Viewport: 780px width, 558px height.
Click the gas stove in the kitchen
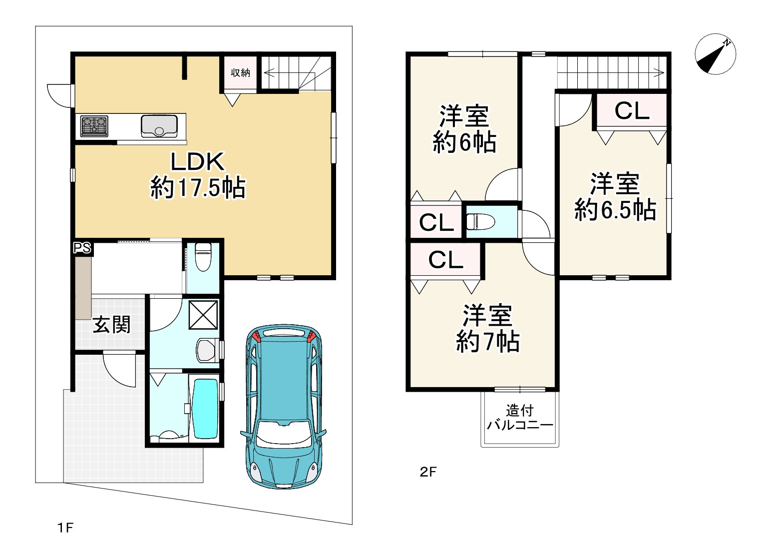94,126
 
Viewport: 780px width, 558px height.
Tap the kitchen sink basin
159,126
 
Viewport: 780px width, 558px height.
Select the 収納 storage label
240,72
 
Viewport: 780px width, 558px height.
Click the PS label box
82,248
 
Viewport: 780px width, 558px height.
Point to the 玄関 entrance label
111,324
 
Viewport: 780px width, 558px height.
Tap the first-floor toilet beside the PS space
203,257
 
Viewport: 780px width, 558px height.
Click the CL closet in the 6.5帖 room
632,110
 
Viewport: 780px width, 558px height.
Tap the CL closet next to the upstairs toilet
436,222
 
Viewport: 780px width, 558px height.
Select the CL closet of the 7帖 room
446,259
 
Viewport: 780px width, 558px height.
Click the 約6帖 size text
464,142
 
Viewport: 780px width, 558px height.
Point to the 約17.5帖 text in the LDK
198,188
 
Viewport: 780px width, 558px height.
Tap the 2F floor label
428,472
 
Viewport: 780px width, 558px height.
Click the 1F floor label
65,528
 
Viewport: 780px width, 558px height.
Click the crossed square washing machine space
203,315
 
